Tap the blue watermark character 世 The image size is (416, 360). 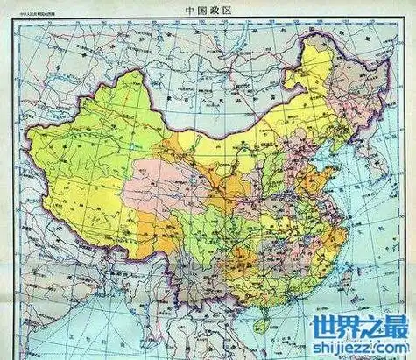[311, 328]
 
